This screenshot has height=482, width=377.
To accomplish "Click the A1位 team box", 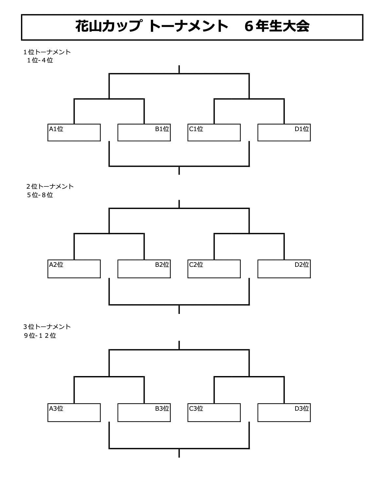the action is [x=74, y=132].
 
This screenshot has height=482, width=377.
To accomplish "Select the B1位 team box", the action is [x=144, y=132].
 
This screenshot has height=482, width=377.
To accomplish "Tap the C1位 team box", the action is [x=214, y=132].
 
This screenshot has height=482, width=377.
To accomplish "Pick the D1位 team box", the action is [x=284, y=132].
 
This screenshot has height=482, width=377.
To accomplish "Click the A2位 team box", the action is [x=74, y=269].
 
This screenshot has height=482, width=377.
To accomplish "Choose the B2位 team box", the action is [x=144, y=269].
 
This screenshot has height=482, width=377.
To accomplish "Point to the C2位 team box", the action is [x=214, y=269].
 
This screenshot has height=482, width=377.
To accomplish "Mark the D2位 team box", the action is [x=284, y=269].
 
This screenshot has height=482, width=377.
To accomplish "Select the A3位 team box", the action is [x=74, y=413].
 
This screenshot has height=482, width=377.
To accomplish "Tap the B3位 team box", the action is [x=144, y=413].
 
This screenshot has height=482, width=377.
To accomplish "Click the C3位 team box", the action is [x=214, y=413].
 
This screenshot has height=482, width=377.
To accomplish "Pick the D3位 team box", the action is [x=284, y=413].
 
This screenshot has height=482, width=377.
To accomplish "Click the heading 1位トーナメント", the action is [x=47, y=52].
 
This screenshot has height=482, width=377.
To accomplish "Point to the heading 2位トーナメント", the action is [x=50, y=186].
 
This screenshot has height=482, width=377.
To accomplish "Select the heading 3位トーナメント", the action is [x=47, y=327].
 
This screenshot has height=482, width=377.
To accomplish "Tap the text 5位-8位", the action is [x=40, y=195].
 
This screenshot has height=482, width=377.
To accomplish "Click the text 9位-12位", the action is [x=40, y=336].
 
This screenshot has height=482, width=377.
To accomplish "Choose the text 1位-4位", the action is [x=40, y=60].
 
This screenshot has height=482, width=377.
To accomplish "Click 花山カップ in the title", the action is [x=109, y=26].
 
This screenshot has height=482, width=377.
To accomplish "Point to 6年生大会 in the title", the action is [x=277, y=26].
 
